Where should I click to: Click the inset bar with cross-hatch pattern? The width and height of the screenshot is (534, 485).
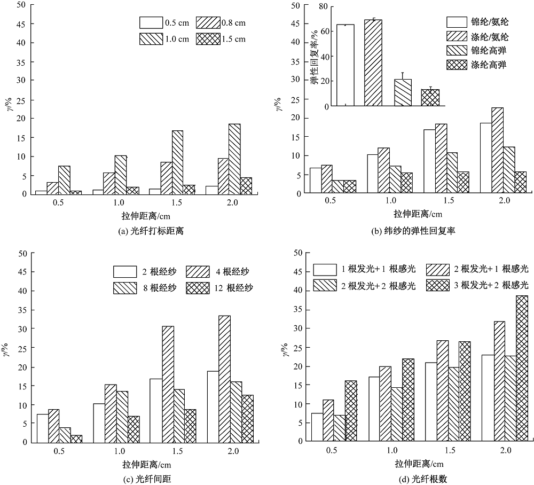tap(430, 98)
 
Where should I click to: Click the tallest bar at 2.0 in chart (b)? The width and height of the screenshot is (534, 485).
tap(498, 150)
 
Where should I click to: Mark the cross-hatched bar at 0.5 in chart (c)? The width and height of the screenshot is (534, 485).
tap(76, 439)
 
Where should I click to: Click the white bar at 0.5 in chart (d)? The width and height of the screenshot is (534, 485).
tap(317, 427)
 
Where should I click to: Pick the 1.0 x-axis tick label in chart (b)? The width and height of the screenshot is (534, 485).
tap(389, 200)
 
